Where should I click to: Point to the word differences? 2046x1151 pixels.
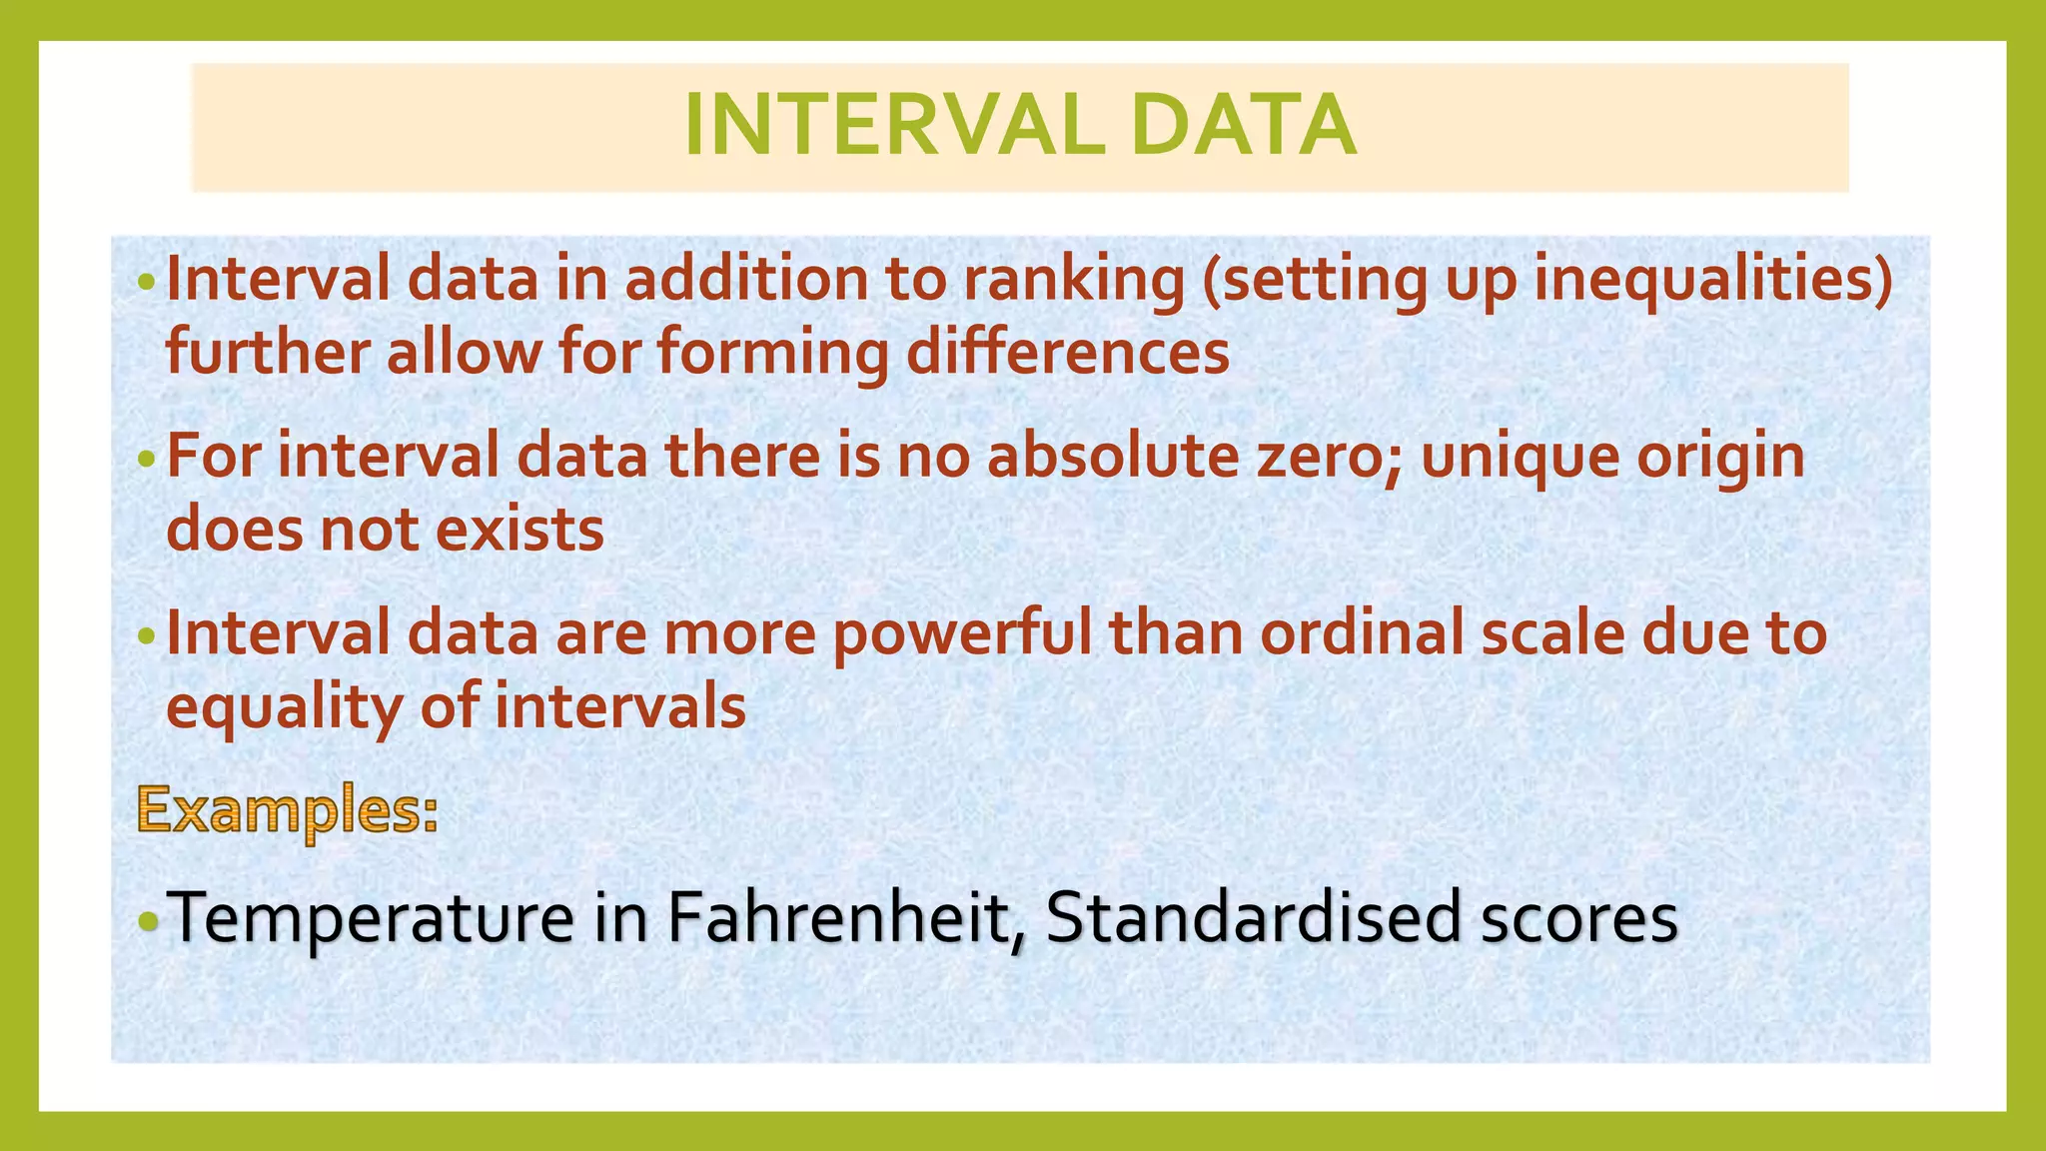[1067, 353]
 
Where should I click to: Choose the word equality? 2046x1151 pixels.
[284, 708]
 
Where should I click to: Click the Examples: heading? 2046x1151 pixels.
[288, 811]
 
